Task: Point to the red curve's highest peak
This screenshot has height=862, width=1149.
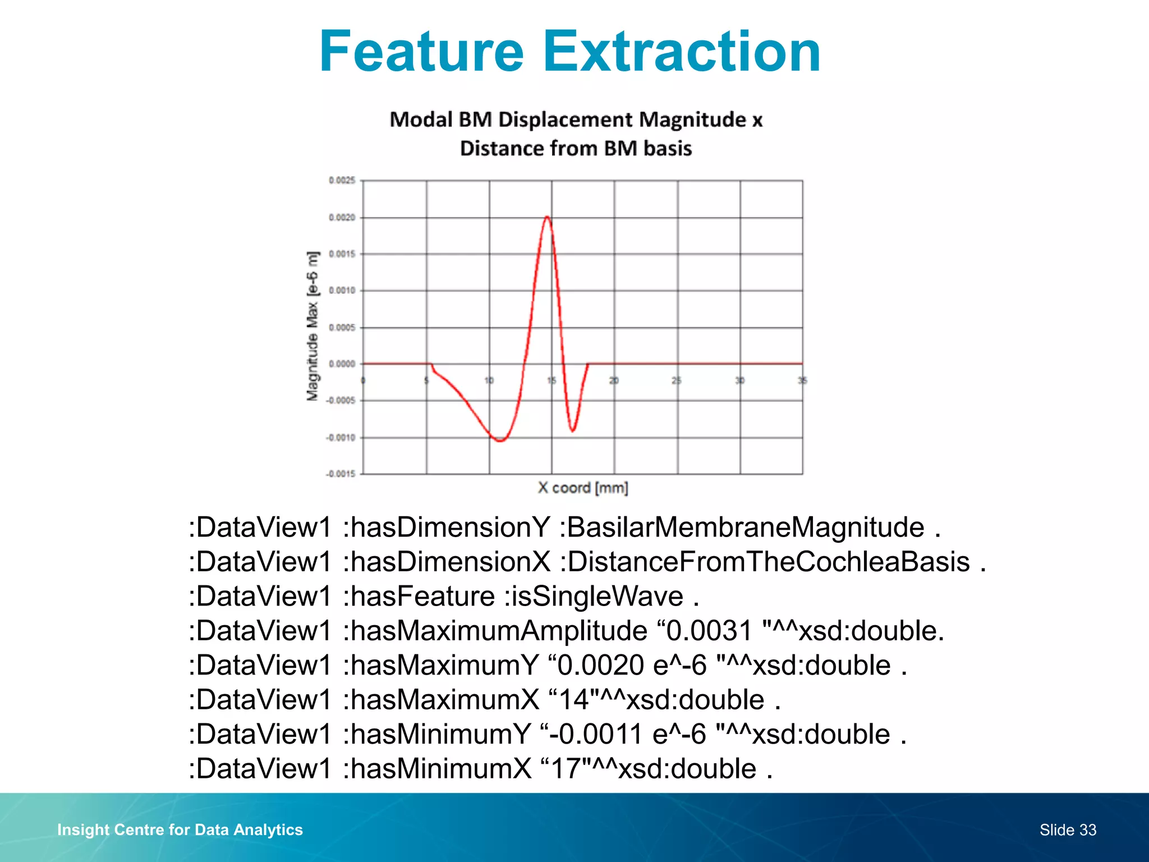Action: (x=547, y=217)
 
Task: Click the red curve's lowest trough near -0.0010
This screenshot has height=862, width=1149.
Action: (x=500, y=441)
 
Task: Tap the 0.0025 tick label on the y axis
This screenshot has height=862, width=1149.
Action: (x=342, y=180)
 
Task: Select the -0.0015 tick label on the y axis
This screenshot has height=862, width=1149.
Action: (x=341, y=474)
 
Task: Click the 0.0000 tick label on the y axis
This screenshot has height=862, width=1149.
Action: (x=342, y=364)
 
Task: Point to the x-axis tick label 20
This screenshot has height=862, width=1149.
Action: (x=614, y=380)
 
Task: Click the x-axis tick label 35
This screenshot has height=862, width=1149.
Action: (x=802, y=380)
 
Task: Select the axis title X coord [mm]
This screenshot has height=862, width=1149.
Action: (x=582, y=488)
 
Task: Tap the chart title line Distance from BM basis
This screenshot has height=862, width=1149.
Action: (x=576, y=149)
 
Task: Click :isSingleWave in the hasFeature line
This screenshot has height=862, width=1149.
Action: (x=594, y=596)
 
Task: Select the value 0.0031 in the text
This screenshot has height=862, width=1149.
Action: (x=708, y=631)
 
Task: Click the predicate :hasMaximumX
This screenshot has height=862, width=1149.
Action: (x=441, y=700)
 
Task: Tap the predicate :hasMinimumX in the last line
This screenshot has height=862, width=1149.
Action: (x=437, y=769)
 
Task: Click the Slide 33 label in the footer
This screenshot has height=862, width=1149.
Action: (x=1067, y=829)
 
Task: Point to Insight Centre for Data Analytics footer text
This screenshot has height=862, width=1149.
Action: (x=180, y=829)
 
